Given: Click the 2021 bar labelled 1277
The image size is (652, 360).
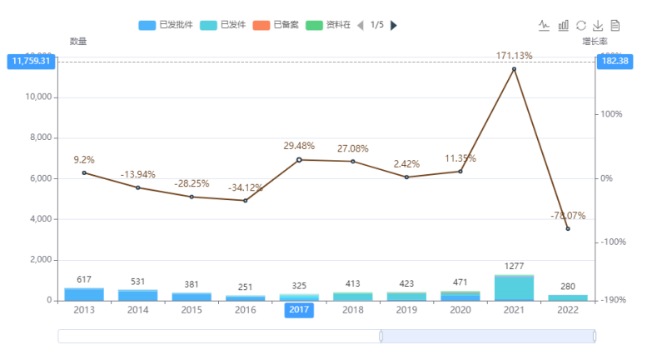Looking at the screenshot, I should tap(514, 287).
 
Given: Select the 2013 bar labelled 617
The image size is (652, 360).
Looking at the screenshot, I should tap(84, 294).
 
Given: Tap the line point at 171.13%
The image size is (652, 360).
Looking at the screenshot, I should tap(514, 69).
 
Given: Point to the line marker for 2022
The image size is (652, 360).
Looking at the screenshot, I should tap(568, 228).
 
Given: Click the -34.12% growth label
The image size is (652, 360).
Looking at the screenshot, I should tap(246, 188).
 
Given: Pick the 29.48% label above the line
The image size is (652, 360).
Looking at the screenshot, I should tap(299, 146).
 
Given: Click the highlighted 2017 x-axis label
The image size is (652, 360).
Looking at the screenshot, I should tap(299, 310).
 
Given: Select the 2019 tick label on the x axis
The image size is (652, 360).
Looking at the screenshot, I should tap(406, 310).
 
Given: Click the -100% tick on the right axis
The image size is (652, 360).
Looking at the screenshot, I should tap(613, 242).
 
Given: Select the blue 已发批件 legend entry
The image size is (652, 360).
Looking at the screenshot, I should tap(167, 25).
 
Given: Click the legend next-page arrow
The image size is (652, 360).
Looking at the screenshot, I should tap(394, 25).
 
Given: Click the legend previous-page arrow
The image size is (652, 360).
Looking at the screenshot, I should tap(361, 25).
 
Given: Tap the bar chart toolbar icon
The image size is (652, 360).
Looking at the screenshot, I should tap(564, 25).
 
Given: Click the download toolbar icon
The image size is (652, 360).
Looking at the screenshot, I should tap(598, 25).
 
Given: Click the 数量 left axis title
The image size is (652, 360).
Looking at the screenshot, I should tap(78, 41).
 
